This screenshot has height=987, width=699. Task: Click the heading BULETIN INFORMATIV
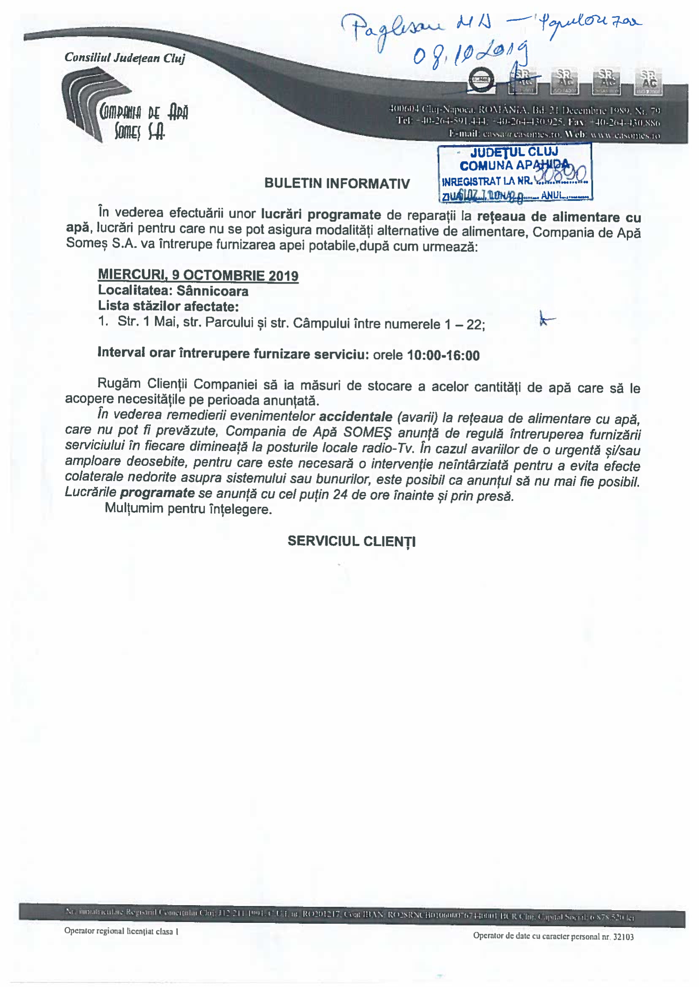[x=337, y=183]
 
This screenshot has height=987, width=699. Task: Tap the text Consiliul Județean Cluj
[x=125, y=58]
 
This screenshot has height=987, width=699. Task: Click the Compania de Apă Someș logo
[x=125, y=107]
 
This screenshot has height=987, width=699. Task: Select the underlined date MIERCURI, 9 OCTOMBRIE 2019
[x=198, y=276]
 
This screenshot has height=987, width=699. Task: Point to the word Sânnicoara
[x=213, y=291]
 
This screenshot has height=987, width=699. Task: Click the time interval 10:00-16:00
[x=443, y=355]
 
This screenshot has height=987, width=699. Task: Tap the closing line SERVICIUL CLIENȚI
[x=351, y=541]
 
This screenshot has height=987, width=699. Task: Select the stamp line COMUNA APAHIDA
[x=514, y=166]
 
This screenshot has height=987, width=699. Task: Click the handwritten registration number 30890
[x=561, y=174]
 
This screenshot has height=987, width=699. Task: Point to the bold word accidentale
[x=355, y=417]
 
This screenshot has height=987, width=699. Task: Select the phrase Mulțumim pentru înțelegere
[x=188, y=509]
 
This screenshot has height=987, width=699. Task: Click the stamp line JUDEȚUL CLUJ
[x=514, y=152]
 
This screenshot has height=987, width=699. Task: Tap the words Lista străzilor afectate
[x=168, y=306]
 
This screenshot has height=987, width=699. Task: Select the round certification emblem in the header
[x=481, y=80]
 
